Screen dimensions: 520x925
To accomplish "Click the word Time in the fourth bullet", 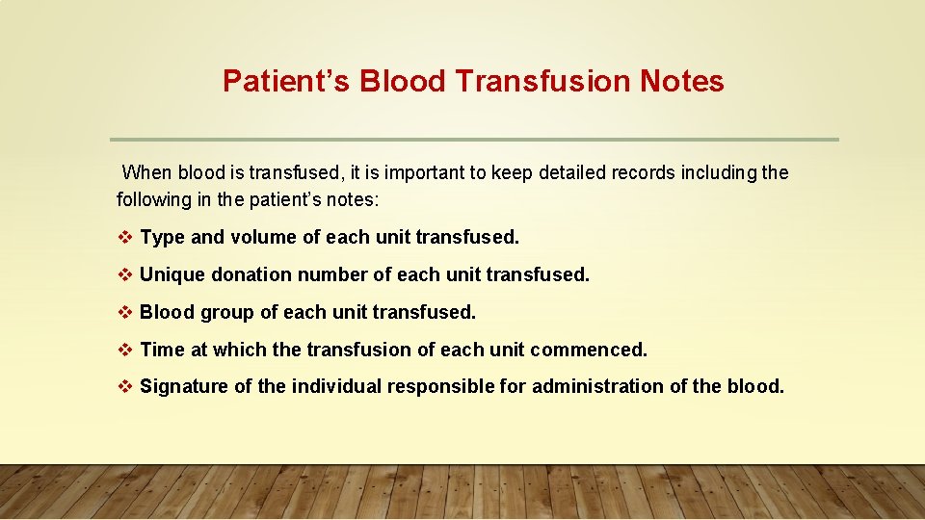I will click(161, 350).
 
